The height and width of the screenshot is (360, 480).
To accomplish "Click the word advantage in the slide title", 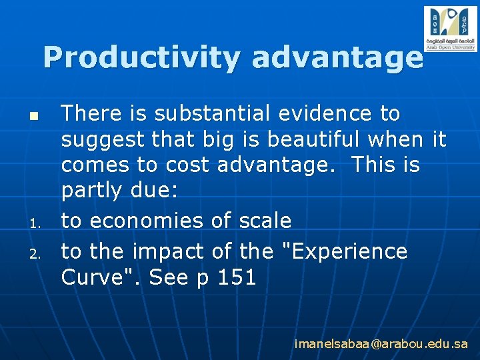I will (x=337, y=58).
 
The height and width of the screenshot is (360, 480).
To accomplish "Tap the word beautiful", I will (x=311, y=140).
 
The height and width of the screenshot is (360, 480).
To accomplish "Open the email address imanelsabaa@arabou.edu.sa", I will (x=381, y=344).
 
